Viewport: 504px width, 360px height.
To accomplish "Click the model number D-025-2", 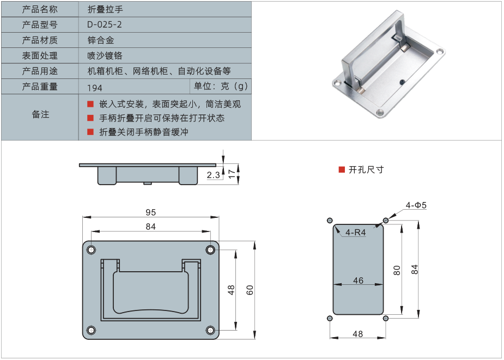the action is [x=105, y=25].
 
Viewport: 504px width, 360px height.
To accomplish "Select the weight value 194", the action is [x=94, y=88].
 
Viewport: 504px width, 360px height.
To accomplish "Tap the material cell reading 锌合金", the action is [x=101, y=40].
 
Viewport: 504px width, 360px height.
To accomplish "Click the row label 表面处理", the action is [x=40, y=56].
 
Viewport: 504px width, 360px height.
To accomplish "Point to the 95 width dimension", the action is [x=150, y=212].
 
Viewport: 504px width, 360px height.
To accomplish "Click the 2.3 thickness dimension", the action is [x=213, y=175].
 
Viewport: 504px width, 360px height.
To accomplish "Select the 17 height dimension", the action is [x=232, y=174].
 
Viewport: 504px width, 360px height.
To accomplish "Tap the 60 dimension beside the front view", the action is [x=250, y=290].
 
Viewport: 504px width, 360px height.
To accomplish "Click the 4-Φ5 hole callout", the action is [x=416, y=205].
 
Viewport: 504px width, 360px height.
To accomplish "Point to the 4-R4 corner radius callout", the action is [x=355, y=233].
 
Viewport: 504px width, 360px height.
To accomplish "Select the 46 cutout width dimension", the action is [x=358, y=280].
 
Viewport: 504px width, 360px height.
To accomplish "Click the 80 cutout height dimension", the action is [x=397, y=270].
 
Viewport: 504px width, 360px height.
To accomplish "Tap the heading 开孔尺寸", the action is [x=366, y=170].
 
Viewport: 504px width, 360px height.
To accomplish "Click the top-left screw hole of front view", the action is [x=92, y=250].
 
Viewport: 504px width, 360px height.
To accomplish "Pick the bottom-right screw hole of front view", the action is [x=210, y=330].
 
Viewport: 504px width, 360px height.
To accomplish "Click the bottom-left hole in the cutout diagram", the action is [x=330, y=318].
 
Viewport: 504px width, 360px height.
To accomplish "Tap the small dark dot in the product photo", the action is [x=402, y=82].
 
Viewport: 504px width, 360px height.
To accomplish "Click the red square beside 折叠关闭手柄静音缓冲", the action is [x=90, y=132].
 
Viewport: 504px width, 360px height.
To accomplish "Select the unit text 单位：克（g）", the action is [x=221, y=86].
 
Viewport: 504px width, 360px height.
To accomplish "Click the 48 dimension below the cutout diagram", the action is [x=358, y=334].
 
